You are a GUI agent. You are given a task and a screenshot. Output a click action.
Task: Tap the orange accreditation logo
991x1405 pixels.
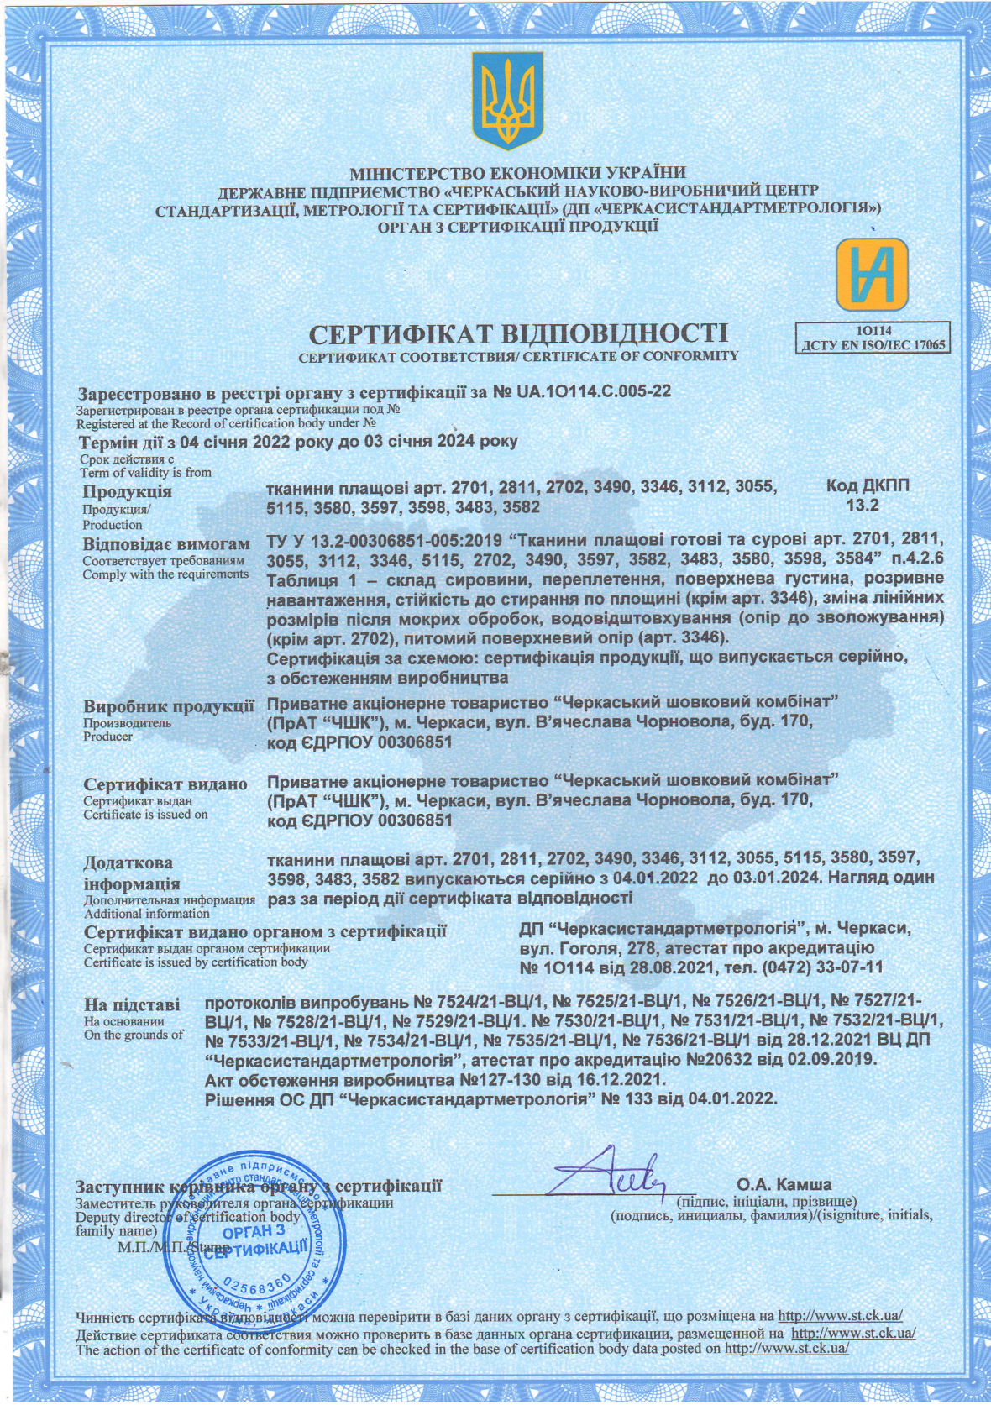[872, 274]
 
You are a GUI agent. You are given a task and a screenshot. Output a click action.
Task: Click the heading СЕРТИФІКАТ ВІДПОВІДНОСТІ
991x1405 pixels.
[518, 334]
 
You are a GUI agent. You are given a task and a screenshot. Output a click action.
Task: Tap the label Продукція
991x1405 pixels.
[127, 492]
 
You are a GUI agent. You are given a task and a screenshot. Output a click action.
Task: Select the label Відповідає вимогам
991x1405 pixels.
[165, 544]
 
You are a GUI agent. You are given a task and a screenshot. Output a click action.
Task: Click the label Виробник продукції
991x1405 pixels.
[168, 706]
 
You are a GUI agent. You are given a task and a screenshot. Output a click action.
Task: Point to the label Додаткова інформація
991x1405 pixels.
[131, 873]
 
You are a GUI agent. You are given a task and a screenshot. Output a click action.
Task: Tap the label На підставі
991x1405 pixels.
[131, 1004]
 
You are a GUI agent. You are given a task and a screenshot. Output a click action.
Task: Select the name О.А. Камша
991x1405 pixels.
[784, 1185]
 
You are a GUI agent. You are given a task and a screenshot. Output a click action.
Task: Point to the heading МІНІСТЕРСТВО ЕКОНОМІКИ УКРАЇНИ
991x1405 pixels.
[518, 175]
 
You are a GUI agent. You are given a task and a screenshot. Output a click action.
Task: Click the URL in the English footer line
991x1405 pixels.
[786, 1350]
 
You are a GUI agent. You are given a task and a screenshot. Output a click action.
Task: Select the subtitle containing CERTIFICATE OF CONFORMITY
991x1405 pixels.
[518, 356]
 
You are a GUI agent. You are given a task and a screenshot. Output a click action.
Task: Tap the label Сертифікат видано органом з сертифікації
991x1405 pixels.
[265, 931]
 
